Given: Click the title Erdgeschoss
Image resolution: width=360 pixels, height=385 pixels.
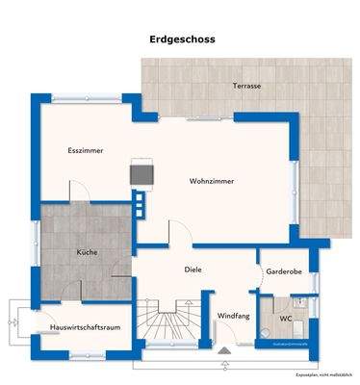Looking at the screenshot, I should [182, 40].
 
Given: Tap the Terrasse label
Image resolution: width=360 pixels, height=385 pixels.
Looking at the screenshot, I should [246, 86].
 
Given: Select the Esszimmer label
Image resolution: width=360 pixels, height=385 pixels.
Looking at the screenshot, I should [86, 151].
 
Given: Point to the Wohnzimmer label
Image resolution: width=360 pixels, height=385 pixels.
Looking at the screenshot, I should [212, 180].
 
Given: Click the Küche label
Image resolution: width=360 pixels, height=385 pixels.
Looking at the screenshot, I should [88, 252].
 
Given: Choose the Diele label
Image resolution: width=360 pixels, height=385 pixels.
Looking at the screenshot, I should [193, 270].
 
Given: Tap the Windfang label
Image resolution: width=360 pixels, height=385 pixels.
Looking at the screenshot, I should [233, 316].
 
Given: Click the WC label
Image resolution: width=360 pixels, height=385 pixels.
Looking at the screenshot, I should [286, 318].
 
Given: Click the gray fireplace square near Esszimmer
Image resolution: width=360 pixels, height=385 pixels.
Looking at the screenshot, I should [142, 174].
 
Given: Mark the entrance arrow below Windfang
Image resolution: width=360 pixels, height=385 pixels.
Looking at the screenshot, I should [227, 363].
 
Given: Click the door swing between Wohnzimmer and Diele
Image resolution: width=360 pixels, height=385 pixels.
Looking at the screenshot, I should [179, 231].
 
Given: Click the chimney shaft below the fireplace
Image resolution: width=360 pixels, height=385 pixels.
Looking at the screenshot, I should [141, 203].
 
